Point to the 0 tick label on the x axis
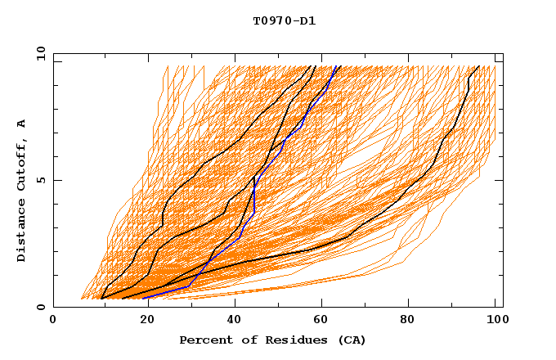[53, 320]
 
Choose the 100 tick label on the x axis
[495, 320]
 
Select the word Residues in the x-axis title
[282, 340]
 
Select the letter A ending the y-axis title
[22, 124]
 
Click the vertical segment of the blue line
[254, 196]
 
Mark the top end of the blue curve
[337, 66]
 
